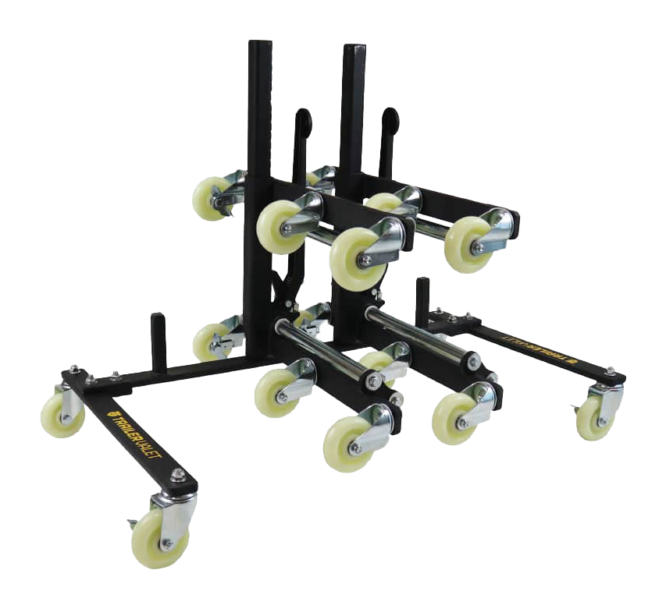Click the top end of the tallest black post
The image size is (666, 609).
pos(260,47)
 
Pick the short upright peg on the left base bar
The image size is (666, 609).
pos(158,342)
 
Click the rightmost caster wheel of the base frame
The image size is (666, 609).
pos(595,419)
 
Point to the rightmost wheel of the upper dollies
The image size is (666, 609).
pos(467,243)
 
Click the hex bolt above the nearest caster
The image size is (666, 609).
pos(179,475)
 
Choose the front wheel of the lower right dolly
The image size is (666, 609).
pos(455,418)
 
